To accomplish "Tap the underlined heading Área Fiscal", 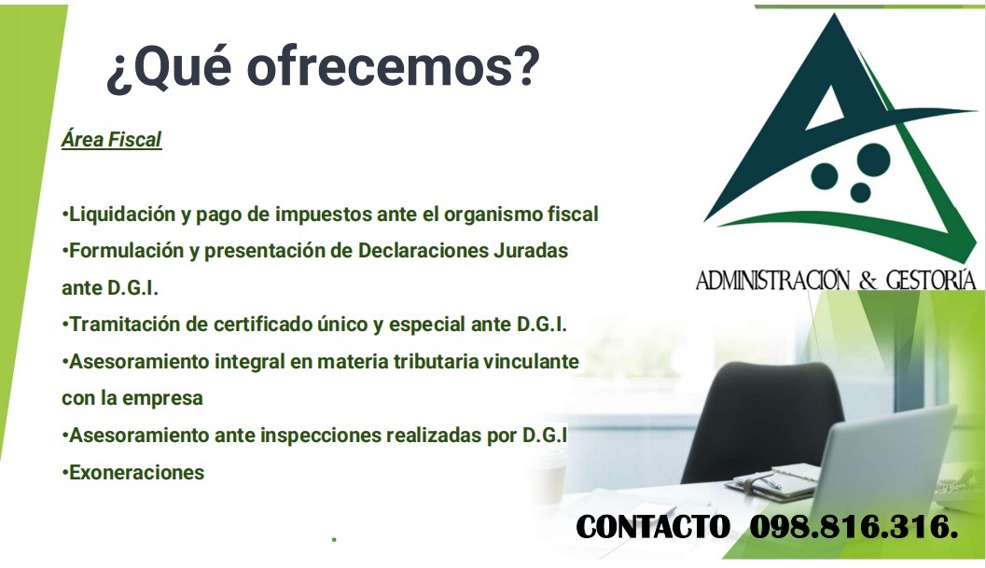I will (x=111, y=140).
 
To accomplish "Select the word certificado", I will (x=283, y=325).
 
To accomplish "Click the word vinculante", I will (x=532, y=361).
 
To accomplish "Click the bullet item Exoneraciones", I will (x=136, y=472).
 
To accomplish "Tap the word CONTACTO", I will (x=653, y=527).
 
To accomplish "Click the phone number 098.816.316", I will (x=854, y=527).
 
